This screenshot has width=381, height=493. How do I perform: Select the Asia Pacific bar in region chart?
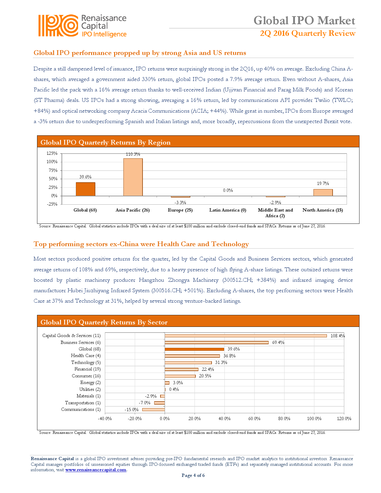coord(133,177)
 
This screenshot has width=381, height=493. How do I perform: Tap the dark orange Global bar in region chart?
coord(85,189)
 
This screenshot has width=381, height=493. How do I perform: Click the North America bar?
coord(323,192)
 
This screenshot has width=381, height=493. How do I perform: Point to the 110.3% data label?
coord(133,154)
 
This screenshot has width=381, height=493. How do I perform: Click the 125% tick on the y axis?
coord(52,153)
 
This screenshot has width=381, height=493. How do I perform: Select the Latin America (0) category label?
coord(228,210)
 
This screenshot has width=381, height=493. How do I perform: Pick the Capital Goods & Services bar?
coord(246,336)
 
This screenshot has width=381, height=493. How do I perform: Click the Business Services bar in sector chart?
coord(216,342)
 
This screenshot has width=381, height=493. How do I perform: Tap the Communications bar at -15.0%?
coord(153,410)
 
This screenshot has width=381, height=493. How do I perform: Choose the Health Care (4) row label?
coord(86,356)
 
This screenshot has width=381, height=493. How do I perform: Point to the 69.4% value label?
coord(278,342)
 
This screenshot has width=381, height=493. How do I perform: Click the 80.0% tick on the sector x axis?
coord(284,419)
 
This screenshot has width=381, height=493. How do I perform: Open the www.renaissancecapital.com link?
coord(96,470)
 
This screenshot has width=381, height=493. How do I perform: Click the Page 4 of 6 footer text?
coord(193,475)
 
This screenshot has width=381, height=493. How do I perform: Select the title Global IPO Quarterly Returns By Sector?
coord(104,322)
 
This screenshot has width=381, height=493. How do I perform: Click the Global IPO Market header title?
coord(304,20)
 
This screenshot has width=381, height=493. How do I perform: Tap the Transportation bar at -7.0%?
coord(159,403)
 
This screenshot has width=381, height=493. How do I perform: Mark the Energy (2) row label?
coord(90,382)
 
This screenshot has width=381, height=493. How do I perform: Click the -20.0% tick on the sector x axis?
coord(135,419)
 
